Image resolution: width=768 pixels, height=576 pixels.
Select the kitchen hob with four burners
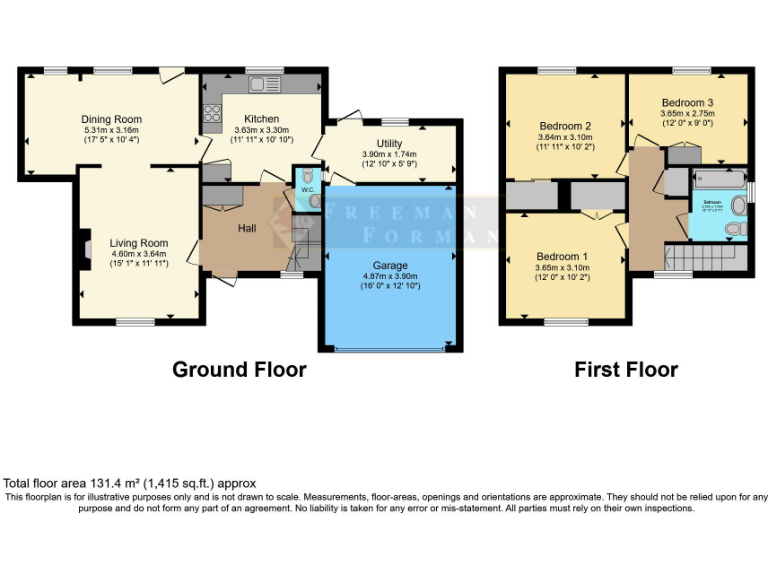212,113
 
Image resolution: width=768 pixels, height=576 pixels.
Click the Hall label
248,228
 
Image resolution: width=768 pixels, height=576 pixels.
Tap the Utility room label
389,144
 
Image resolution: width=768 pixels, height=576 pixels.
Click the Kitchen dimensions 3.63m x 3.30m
261,129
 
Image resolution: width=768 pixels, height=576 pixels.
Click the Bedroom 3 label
687,102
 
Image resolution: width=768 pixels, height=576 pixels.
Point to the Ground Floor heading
239,369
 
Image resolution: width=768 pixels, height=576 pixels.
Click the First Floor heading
625,369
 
